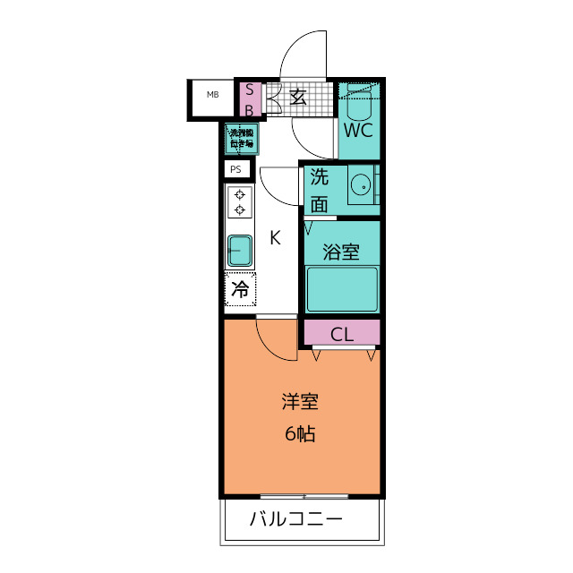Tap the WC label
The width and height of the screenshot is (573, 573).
pos(358,130)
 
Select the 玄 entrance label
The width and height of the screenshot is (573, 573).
pos(298,98)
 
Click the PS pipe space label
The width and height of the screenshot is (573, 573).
pos(236,169)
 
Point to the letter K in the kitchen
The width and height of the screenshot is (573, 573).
pos(276,238)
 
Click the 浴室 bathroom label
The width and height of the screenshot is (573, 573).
pos(340,252)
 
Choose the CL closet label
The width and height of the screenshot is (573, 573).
pos(342,335)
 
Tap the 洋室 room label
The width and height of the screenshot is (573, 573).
pos(300,401)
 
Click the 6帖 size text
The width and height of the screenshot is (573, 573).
pos(300,435)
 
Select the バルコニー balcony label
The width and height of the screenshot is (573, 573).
pos(295,519)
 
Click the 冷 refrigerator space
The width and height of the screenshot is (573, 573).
pos(240,289)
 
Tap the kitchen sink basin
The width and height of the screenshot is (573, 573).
pos(240,250)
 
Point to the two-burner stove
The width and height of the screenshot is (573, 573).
pos(240,202)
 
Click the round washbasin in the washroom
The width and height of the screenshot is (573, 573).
pos(362,185)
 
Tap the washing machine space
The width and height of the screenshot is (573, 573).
pos(240,139)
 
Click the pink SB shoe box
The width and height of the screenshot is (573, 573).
pos(250,99)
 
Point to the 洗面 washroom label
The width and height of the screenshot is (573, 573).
pos(320,190)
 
